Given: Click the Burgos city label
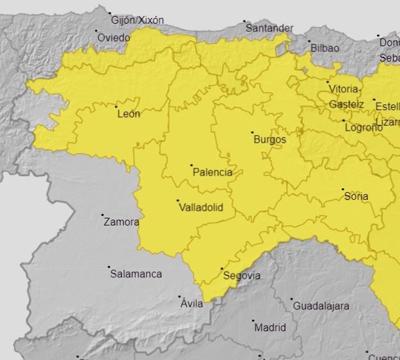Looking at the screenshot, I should (x=270, y=140).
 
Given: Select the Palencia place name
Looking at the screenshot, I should (x=212, y=172).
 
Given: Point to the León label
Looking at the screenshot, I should (x=129, y=114).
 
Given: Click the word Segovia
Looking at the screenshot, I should (x=242, y=276).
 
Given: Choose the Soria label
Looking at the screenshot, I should (x=356, y=197).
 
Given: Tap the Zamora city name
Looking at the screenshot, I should (x=121, y=222).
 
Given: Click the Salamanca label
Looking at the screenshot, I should (x=136, y=274).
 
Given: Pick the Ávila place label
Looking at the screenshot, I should (x=192, y=304).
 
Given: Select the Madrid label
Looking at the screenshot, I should (x=270, y=328).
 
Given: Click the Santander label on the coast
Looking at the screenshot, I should (x=269, y=28).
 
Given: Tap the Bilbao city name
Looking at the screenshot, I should (x=325, y=48).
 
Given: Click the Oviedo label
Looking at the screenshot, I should (x=114, y=37).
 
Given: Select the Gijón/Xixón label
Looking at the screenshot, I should (x=137, y=20).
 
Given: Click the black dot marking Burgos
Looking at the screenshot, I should (x=252, y=132).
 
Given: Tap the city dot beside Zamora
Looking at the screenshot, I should (x=103, y=215).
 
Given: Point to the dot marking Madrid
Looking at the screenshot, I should (x=253, y=321).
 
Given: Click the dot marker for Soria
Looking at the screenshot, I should (x=343, y=189).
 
